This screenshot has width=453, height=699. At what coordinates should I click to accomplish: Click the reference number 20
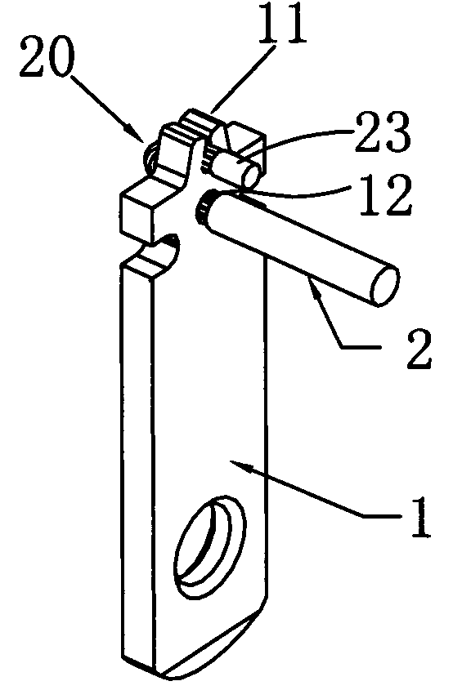[47, 59]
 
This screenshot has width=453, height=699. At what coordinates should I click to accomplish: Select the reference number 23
[383, 133]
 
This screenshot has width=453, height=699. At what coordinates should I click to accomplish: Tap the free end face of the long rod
[384, 285]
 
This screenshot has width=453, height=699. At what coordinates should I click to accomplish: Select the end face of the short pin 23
[250, 175]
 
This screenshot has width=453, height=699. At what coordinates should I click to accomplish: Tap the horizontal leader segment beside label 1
[382, 515]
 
